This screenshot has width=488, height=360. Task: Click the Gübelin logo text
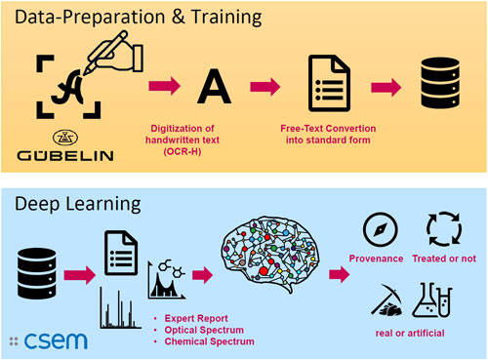click(65, 155)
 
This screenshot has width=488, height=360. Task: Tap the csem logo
click(49, 340)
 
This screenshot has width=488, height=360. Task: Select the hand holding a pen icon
click(113, 52)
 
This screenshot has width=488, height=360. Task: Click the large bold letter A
click(215, 87)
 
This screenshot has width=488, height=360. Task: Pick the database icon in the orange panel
click(440, 83)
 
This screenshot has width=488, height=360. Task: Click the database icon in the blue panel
click(37, 273)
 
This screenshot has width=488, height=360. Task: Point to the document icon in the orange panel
click(329, 83)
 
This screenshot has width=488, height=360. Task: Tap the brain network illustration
click(270, 254)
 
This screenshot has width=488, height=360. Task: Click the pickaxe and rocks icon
click(386, 300)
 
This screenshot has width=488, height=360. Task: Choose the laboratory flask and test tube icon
click(432, 300)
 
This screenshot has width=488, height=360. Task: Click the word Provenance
click(376, 259)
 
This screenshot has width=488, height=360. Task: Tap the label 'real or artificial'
click(410, 333)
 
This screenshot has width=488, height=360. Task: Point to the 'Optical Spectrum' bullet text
click(204, 330)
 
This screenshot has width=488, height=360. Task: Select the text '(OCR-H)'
click(183, 151)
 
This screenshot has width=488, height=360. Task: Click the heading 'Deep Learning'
click(78, 205)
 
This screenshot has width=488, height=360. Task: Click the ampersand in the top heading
click(179, 17)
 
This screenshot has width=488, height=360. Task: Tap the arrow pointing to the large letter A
click(165, 86)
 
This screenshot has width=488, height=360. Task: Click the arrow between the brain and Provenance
click(340, 274)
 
